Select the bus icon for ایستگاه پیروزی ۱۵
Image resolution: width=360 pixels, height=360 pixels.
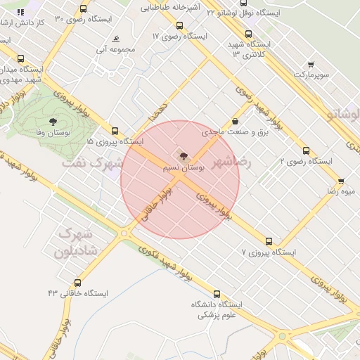tap(115, 131)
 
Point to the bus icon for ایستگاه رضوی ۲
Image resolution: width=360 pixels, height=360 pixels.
tap(306, 150)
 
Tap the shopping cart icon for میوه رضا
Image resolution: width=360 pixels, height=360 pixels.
tap(341, 181)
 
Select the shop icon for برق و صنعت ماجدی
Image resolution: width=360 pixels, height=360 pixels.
tap(234, 121)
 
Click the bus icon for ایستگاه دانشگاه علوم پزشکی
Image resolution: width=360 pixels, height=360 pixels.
tap(216, 294)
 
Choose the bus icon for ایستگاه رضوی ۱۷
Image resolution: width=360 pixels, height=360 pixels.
tap(179, 25)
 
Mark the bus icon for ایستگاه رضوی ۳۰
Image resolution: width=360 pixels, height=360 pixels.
tap(84, 9)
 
